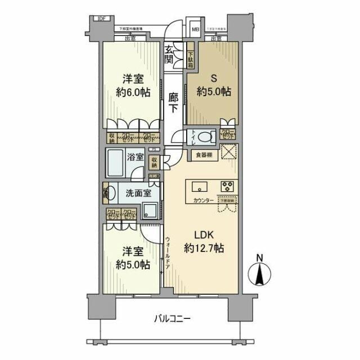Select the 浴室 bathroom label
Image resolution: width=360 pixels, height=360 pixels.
click(x=136, y=159)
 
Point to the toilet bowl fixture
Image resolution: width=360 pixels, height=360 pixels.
click(x=206, y=137)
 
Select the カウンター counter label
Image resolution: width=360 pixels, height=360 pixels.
click(x=203, y=200)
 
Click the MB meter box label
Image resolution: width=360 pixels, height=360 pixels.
click(x=195, y=29)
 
